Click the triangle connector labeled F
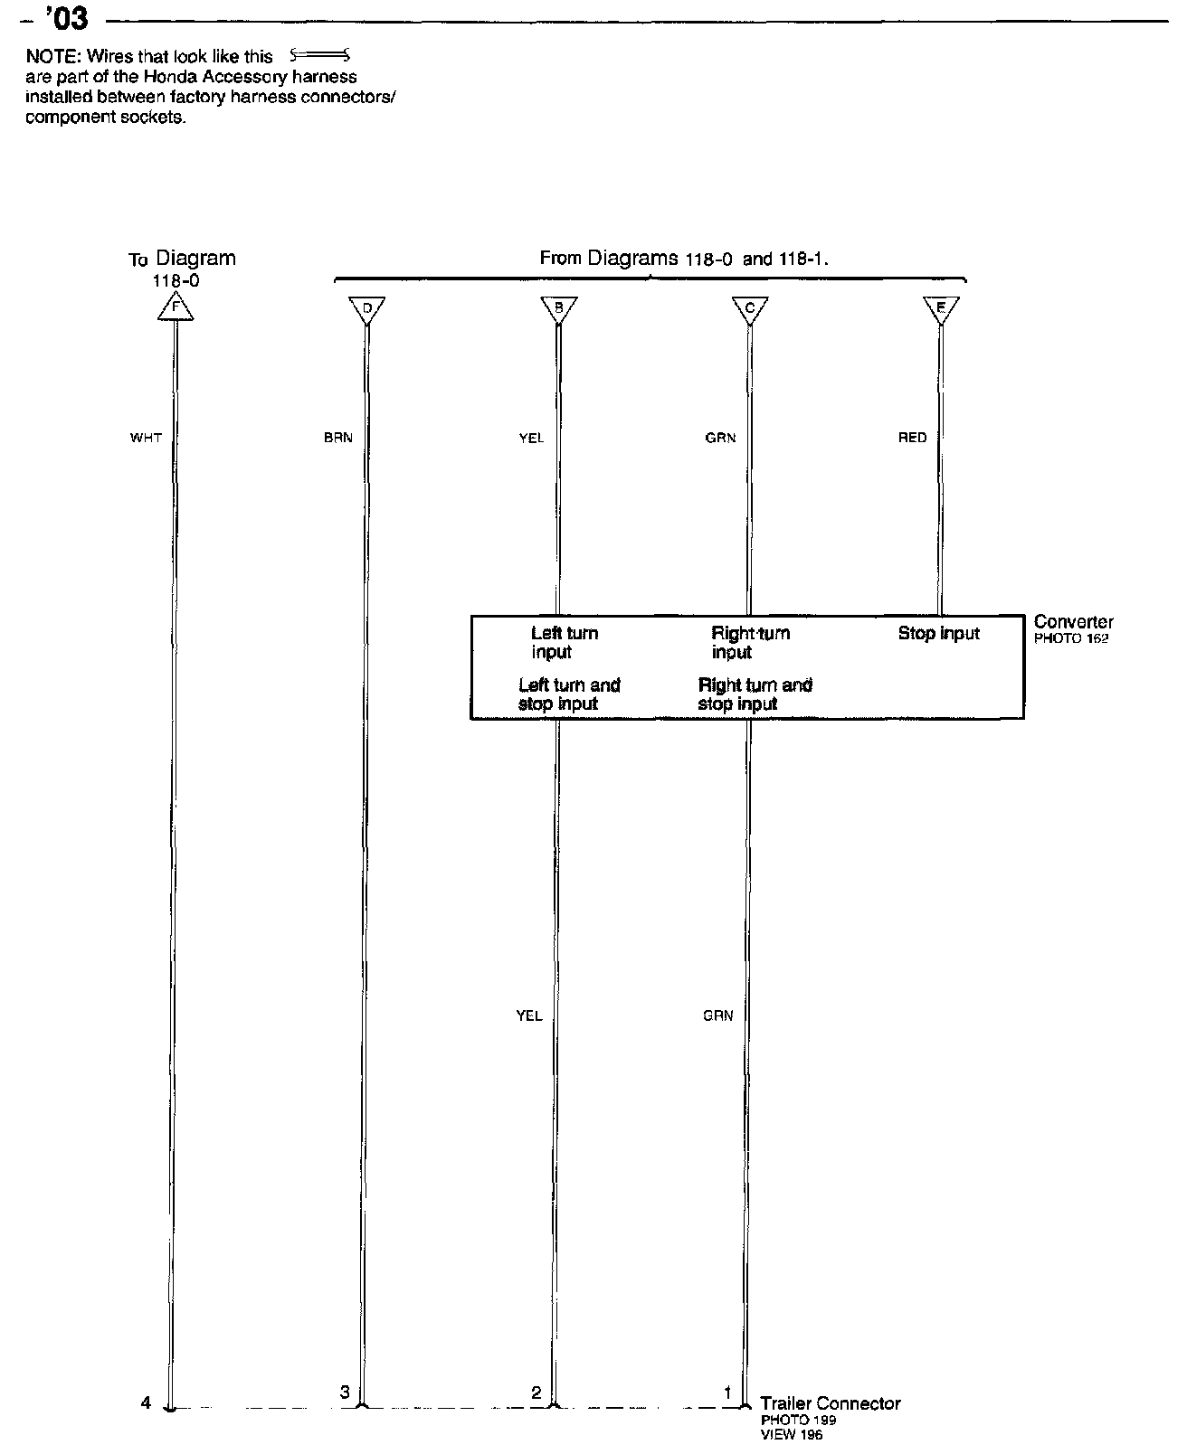pyautogui.click(x=176, y=308)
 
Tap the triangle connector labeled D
pyautogui.click(x=366, y=309)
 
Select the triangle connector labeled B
pyautogui.click(x=558, y=309)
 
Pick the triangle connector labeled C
pyautogui.click(x=749, y=309)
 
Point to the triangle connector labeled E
pyautogui.click(x=941, y=309)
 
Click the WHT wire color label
pyautogui.click(x=146, y=438)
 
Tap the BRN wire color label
pyautogui.click(x=337, y=438)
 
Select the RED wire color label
pyautogui.click(x=912, y=438)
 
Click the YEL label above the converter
pyautogui.click(x=531, y=438)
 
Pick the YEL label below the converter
pyautogui.click(x=529, y=1015)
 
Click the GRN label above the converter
pyautogui.click(x=720, y=438)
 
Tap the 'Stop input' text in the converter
pyautogui.click(x=938, y=634)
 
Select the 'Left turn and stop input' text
pyautogui.click(x=568, y=694)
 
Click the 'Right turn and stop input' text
pyautogui.click(x=755, y=694)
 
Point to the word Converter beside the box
pyautogui.click(x=1073, y=622)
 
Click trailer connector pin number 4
pyautogui.click(x=146, y=1403)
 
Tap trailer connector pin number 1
pyautogui.click(x=727, y=1393)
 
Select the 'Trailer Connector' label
pyautogui.click(x=830, y=1403)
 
